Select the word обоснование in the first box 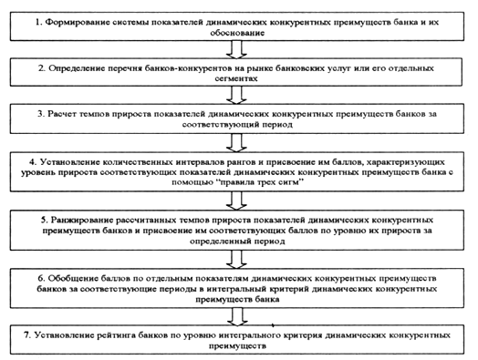237,33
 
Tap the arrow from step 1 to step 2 236,49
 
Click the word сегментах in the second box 236,78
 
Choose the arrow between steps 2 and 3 236,95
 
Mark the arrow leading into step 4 236,143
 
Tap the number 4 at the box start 34,161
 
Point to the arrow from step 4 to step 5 236,201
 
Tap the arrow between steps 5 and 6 236,260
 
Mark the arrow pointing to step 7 236,316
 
